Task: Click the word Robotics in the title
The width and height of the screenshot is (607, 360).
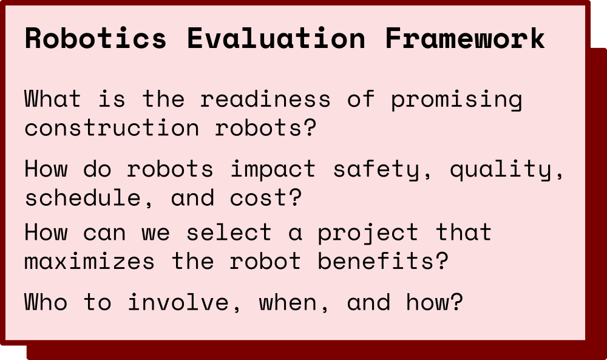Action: [x=96, y=38]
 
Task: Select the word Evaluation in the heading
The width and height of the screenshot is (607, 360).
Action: [x=276, y=38]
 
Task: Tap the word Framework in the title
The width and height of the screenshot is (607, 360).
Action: [x=465, y=38]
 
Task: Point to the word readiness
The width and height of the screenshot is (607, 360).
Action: [x=265, y=99]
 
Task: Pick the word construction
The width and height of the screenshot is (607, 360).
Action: [x=112, y=127]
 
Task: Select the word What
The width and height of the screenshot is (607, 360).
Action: [x=53, y=99]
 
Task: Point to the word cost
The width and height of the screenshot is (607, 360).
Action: [x=265, y=198]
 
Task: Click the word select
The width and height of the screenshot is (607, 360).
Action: [x=229, y=232]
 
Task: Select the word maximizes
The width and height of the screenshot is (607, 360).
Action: [x=89, y=261]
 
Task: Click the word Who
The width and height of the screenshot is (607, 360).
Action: [x=46, y=302]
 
